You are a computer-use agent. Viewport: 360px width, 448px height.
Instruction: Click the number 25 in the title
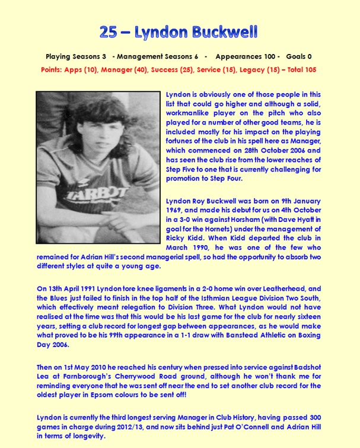(x=108, y=33)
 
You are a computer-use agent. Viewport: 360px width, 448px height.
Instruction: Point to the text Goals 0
(x=299, y=57)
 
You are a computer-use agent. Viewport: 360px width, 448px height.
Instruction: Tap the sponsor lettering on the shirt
(x=98, y=194)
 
